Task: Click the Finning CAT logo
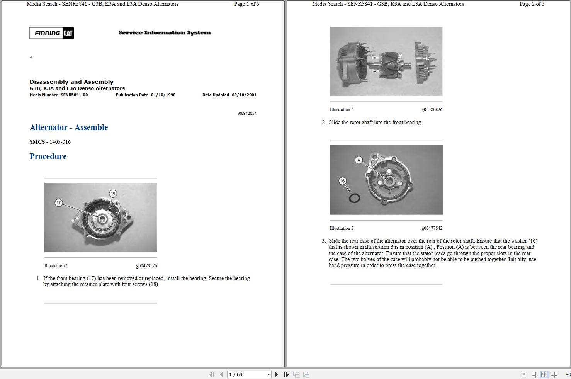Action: tap(51, 33)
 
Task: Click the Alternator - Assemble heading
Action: tap(69, 127)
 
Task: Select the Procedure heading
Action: tap(48, 156)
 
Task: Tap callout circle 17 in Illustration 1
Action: tap(59, 203)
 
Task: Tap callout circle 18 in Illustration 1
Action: tap(113, 194)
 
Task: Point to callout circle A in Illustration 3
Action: tap(359, 160)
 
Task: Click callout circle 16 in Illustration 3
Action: tap(342, 181)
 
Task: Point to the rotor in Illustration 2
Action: tap(393, 65)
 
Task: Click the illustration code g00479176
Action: tap(146, 265)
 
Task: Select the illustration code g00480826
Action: tap(432, 110)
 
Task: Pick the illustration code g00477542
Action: tap(432, 228)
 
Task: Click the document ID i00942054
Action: tap(247, 114)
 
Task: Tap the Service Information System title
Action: tap(165, 32)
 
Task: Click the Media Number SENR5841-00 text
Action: tap(59, 95)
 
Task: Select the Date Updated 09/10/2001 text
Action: tap(229, 95)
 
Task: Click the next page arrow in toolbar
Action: tap(276, 374)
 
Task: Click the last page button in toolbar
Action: tap(286, 374)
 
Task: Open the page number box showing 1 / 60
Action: tap(249, 374)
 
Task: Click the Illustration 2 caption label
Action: tap(342, 110)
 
